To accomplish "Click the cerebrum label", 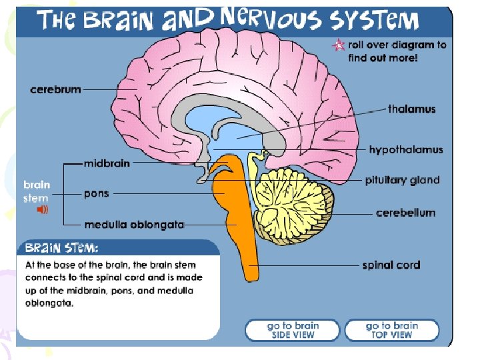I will [x=55, y=89].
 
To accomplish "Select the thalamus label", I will [x=411, y=109].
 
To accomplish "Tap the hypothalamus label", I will [x=405, y=150].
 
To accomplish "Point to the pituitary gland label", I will [x=402, y=180].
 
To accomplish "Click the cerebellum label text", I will [x=405, y=213].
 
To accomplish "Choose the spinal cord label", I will [x=391, y=265].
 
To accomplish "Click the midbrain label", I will [x=107, y=163].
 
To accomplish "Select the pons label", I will [x=96, y=194].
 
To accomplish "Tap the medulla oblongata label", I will [x=133, y=225].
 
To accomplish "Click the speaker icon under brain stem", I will [x=42, y=209].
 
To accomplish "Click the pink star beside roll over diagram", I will [x=339, y=45].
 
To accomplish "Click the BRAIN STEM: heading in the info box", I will [x=61, y=248].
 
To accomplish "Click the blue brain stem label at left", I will [x=37, y=191].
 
